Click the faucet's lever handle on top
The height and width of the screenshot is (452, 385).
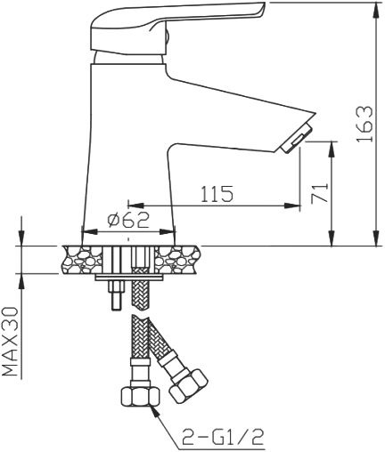[x=178, y=21]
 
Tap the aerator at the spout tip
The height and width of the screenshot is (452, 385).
[x=297, y=137]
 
